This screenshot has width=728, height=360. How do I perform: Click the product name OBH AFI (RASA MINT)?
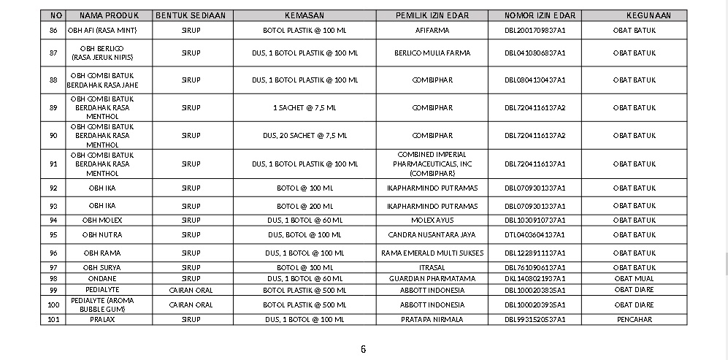102,31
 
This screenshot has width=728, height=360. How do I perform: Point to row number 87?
53,53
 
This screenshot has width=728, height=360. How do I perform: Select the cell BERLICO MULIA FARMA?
432,53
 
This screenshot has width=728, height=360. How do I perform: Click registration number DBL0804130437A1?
534,80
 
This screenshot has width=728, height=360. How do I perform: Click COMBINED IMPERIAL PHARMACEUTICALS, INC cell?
432,164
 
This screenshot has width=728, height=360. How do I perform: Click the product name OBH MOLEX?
102,221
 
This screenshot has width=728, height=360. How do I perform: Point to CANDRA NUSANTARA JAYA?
432,235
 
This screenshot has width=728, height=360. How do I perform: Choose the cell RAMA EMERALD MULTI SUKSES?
432,253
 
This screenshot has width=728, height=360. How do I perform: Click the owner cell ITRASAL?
432,268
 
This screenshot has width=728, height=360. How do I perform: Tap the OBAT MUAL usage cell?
634,279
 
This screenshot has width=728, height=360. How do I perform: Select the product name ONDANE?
102,279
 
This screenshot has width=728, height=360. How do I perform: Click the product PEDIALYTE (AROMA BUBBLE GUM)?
102,305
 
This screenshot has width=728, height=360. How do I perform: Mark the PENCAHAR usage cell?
634,320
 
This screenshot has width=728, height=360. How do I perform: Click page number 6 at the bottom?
363,349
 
